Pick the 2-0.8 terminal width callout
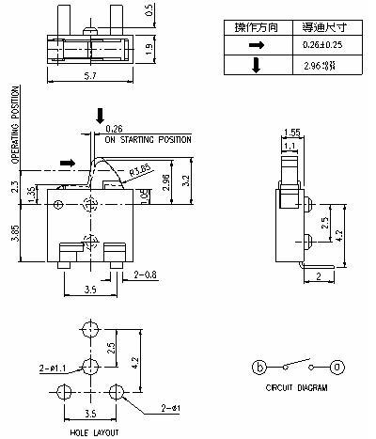(x=146, y=275)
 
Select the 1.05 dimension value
(x=144, y=195)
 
